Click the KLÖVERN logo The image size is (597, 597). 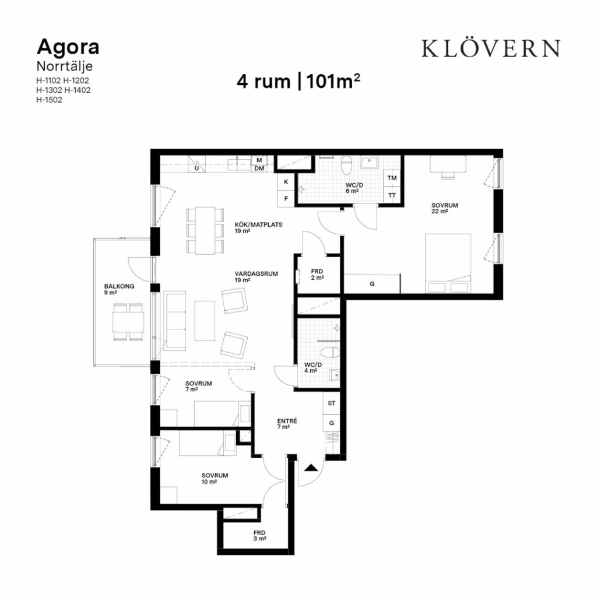(491, 48)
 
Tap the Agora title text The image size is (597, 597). (68, 47)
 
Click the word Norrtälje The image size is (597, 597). (64, 66)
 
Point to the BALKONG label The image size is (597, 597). (119, 286)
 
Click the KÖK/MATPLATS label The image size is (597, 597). (258, 224)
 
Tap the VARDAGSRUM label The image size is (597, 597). (257, 274)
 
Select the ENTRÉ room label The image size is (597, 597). (287, 421)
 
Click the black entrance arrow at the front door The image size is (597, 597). (311, 468)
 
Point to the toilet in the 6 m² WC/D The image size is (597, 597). (346, 164)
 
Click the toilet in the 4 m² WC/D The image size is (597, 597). (330, 352)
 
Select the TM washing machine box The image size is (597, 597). (392, 178)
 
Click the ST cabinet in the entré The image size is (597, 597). (332, 403)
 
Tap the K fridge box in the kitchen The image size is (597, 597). (286, 182)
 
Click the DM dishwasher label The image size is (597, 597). (259, 168)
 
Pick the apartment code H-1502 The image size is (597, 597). (49, 100)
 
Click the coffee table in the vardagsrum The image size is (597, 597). (205, 321)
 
